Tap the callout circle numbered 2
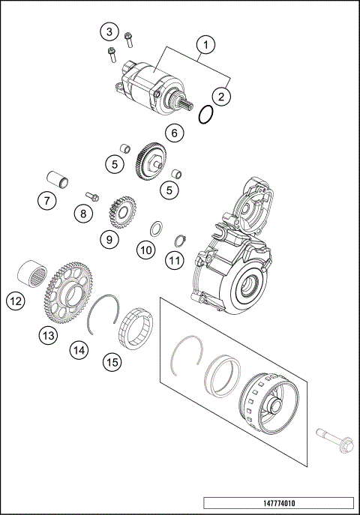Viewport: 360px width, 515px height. [220, 95]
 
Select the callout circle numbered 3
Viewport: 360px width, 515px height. [109, 31]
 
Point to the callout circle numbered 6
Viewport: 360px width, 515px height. [174, 133]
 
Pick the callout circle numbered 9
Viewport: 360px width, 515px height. [109, 239]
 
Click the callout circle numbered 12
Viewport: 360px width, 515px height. [16, 301]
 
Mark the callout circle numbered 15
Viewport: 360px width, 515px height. [112, 362]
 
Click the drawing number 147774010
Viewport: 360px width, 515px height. [277, 503]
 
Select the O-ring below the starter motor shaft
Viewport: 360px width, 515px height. [208, 115]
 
